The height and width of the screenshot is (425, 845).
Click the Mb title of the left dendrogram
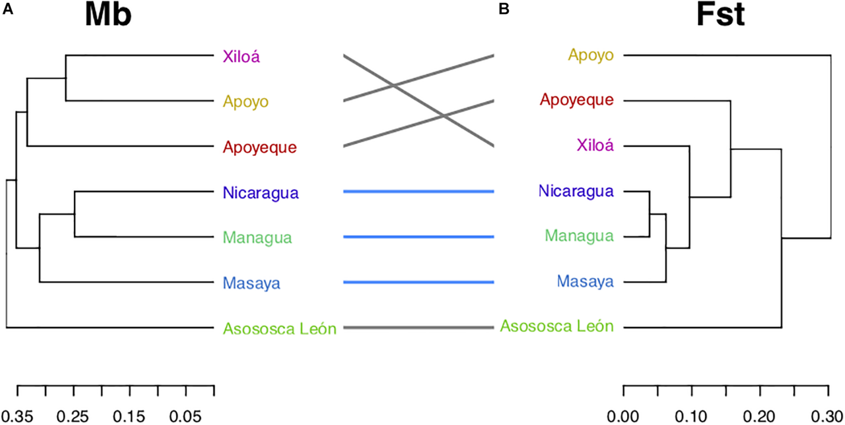(x=108, y=15)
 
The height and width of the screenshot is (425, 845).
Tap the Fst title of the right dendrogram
(x=721, y=15)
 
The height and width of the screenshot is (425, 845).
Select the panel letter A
(x=7, y=9)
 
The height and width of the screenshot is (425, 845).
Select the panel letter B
(x=504, y=9)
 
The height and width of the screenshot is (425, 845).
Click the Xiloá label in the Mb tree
(x=241, y=56)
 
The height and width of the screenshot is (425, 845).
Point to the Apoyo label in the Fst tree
(x=591, y=55)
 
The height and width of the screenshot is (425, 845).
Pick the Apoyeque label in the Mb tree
(x=260, y=147)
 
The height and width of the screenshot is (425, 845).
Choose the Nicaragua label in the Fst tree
(x=576, y=191)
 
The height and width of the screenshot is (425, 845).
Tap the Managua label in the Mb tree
(x=257, y=238)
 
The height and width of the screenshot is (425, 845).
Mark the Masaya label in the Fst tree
(x=585, y=281)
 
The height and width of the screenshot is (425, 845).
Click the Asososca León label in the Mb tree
(x=280, y=329)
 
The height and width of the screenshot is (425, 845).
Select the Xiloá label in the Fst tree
(x=595, y=145)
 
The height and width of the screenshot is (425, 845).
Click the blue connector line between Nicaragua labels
(x=418, y=192)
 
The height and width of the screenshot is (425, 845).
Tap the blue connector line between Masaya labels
(x=418, y=282)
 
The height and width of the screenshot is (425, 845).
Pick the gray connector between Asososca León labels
(x=418, y=327)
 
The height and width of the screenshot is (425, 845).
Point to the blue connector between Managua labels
(x=418, y=237)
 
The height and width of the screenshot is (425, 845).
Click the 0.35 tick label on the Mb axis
(x=17, y=417)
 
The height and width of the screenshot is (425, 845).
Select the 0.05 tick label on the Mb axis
(x=185, y=417)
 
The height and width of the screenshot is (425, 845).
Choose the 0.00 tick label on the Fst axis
(x=623, y=417)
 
